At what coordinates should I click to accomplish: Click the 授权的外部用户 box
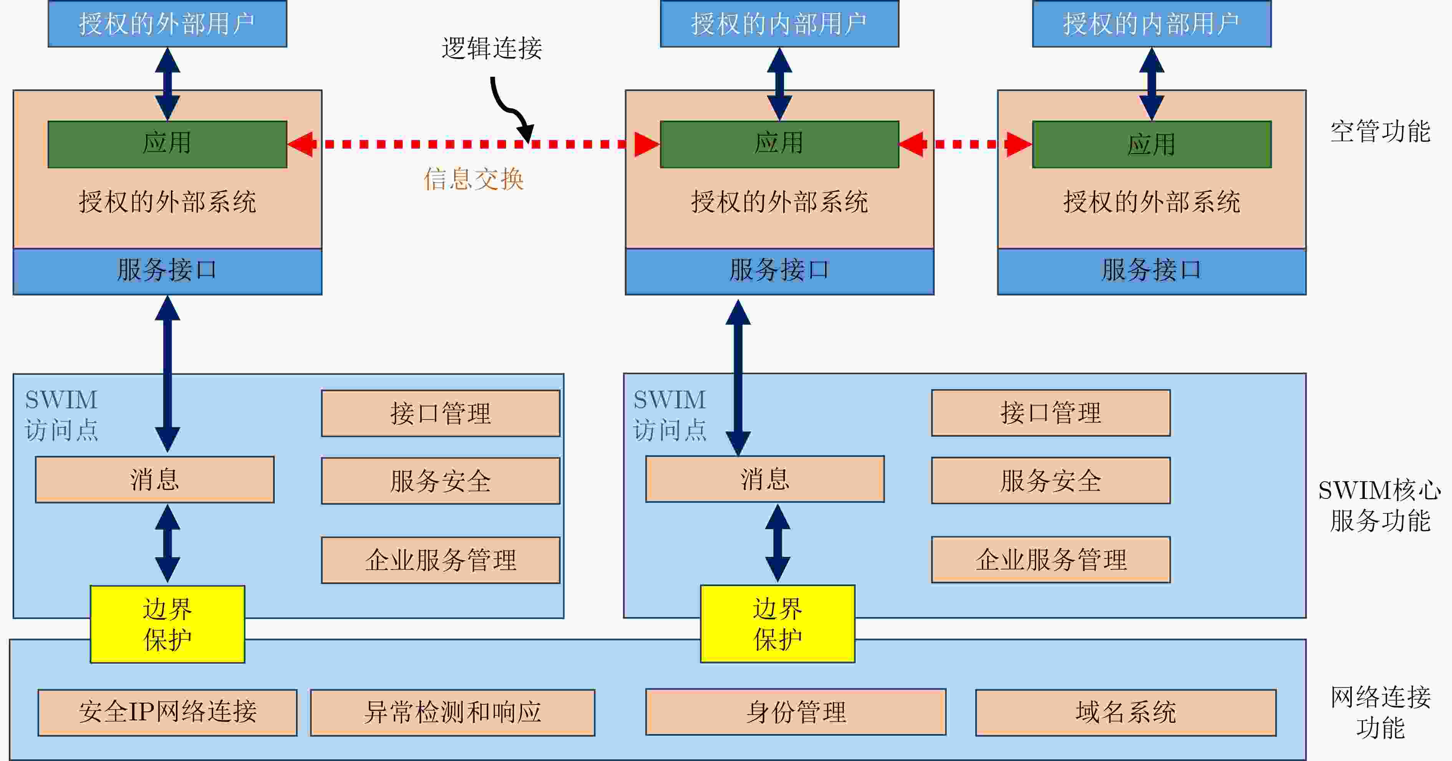pyautogui.click(x=167, y=24)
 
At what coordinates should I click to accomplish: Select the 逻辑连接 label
pyautogui.click(x=492, y=48)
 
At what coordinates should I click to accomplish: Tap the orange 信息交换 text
pyautogui.click(x=474, y=179)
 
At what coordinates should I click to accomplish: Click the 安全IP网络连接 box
pyautogui.click(x=167, y=712)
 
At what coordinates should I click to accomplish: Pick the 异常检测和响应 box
pyautogui.click(x=453, y=712)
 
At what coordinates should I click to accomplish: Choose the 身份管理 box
pyautogui.click(x=796, y=711)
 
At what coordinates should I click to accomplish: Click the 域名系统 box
pyautogui.click(x=1125, y=712)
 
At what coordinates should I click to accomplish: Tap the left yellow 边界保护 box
pyautogui.click(x=167, y=624)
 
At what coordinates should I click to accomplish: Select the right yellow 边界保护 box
pyautogui.click(x=777, y=624)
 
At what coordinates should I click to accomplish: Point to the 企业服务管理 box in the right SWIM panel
pyautogui.click(x=1051, y=560)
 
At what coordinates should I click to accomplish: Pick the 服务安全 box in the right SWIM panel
pyautogui.click(x=1051, y=480)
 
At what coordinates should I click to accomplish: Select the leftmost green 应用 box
pyautogui.click(x=167, y=144)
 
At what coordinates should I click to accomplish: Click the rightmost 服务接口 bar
pyautogui.click(x=1152, y=271)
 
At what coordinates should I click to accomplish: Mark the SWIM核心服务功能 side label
pyautogui.click(x=1380, y=505)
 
